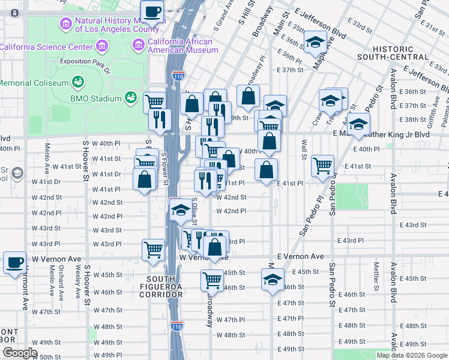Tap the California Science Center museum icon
[102, 46]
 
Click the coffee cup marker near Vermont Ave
[14, 262]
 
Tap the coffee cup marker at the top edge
[152, 11]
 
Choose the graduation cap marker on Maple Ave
[314, 43]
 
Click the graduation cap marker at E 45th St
[272, 280]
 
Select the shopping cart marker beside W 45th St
[212, 280]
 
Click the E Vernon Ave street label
[301, 256]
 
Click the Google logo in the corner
[20, 353]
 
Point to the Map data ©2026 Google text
[411, 355]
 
